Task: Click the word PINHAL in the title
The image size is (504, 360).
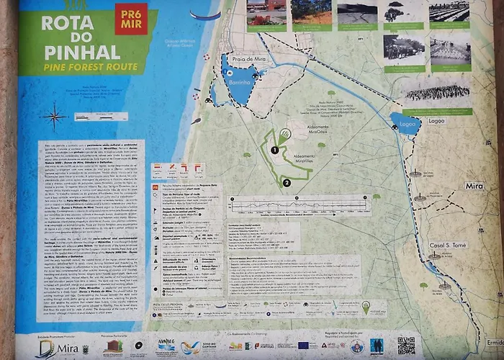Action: tap(71, 52)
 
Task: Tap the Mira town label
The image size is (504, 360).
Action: tap(474, 186)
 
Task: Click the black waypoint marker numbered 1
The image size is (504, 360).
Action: tap(274, 150)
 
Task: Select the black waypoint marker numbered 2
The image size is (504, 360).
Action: tap(287, 182)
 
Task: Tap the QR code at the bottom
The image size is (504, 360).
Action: tap(406, 345)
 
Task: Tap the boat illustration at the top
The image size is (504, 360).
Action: tap(205, 14)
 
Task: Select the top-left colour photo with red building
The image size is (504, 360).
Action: tap(266, 12)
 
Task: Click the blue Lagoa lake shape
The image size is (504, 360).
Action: tap(404, 124)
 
